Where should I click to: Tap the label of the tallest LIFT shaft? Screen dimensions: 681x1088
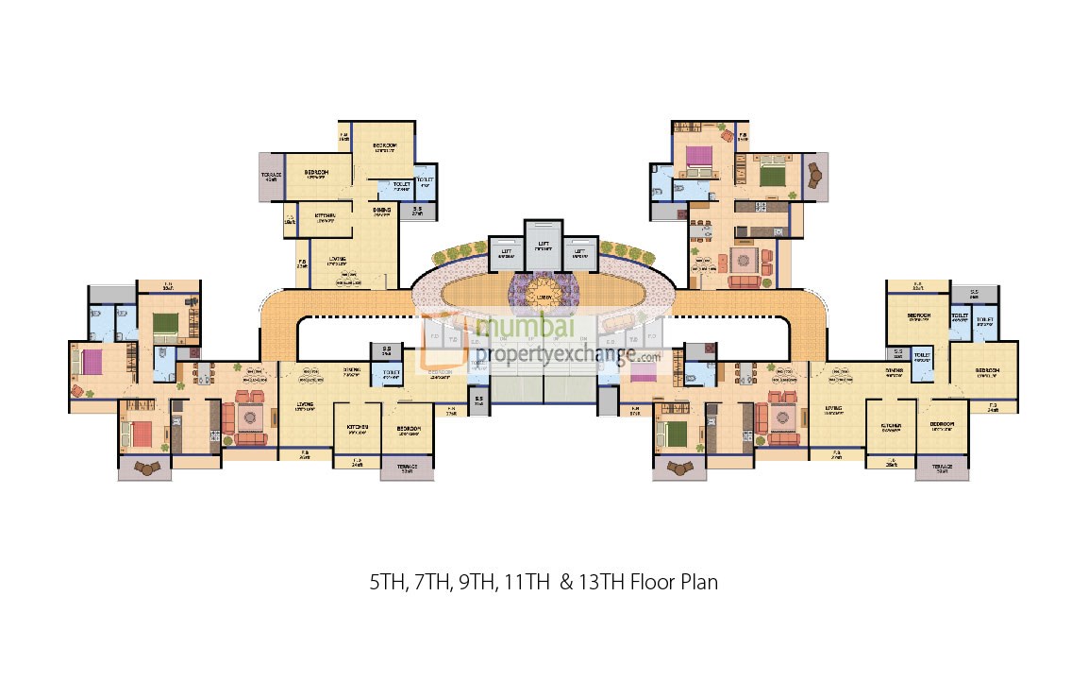point(543,245)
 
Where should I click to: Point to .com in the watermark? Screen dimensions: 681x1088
point(648,358)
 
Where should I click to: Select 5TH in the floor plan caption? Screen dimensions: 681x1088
point(386,582)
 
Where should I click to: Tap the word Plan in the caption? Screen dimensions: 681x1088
point(699,582)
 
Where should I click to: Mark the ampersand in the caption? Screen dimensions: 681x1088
point(566,582)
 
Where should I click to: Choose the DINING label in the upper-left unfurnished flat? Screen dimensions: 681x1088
point(382,210)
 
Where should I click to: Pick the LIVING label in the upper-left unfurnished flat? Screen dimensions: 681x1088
point(338,261)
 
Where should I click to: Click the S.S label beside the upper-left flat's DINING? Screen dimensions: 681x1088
point(417,210)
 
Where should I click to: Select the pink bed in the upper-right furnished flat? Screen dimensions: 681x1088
point(700,156)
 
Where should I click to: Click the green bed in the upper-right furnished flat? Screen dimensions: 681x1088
point(773,175)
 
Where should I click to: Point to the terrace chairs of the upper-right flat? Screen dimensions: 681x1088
point(814,176)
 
